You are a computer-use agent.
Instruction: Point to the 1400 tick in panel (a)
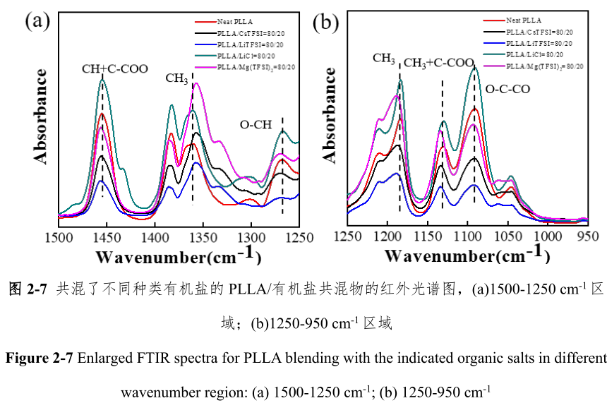(154, 238)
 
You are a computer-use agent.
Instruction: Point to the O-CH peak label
(255, 125)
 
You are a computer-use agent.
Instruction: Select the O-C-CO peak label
(506, 90)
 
